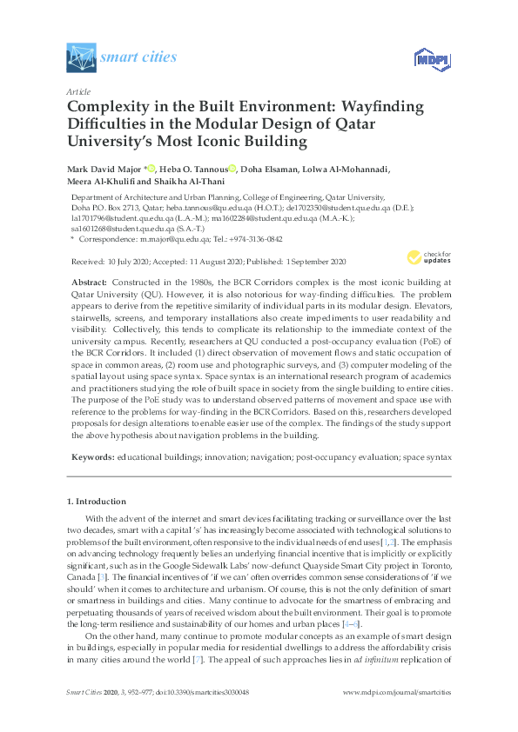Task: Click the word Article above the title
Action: (78, 90)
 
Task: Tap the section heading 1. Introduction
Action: (97, 502)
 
